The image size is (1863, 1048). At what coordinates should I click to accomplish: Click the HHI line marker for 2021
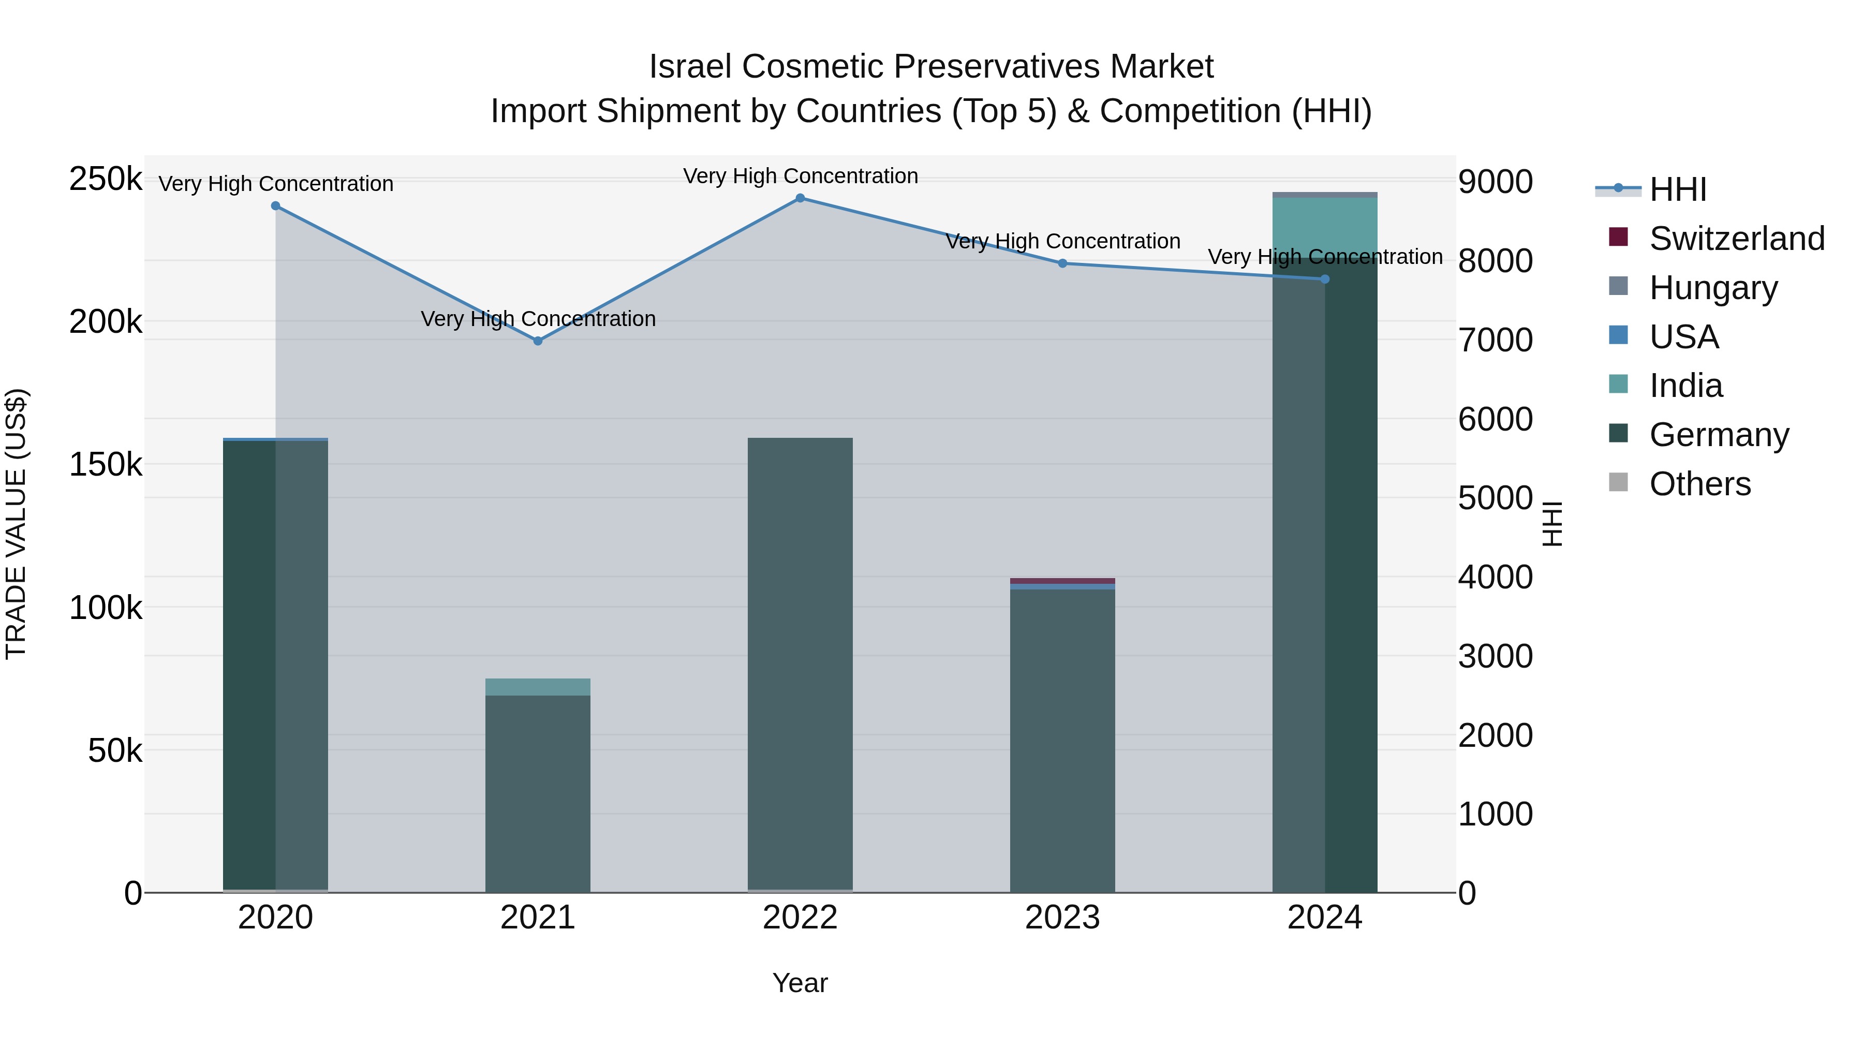pyautogui.click(x=537, y=341)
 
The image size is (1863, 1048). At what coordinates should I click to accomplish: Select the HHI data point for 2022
pyautogui.click(x=800, y=198)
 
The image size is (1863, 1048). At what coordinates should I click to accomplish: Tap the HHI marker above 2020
pyautogui.click(x=275, y=206)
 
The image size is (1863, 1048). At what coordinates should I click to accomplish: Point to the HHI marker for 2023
pyautogui.click(x=1062, y=263)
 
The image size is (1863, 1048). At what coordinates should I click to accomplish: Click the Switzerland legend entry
pyautogui.click(x=1736, y=239)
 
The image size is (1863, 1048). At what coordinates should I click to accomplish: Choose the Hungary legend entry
pyautogui.click(x=1712, y=288)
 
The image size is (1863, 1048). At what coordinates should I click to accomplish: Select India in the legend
pyautogui.click(x=1685, y=386)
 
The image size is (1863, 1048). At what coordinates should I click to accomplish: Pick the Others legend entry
pyautogui.click(x=1699, y=484)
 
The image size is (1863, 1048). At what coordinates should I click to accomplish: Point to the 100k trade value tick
pyautogui.click(x=106, y=608)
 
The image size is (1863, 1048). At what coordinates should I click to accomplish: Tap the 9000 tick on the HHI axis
pyautogui.click(x=1494, y=182)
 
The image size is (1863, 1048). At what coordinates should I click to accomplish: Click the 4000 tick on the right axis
pyautogui.click(x=1494, y=577)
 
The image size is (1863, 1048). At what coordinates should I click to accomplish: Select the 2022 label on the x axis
pyautogui.click(x=800, y=918)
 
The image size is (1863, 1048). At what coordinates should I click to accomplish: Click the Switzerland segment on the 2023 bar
pyautogui.click(x=1062, y=581)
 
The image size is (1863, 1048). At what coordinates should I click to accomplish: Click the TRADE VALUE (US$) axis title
pyautogui.click(x=16, y=524)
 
